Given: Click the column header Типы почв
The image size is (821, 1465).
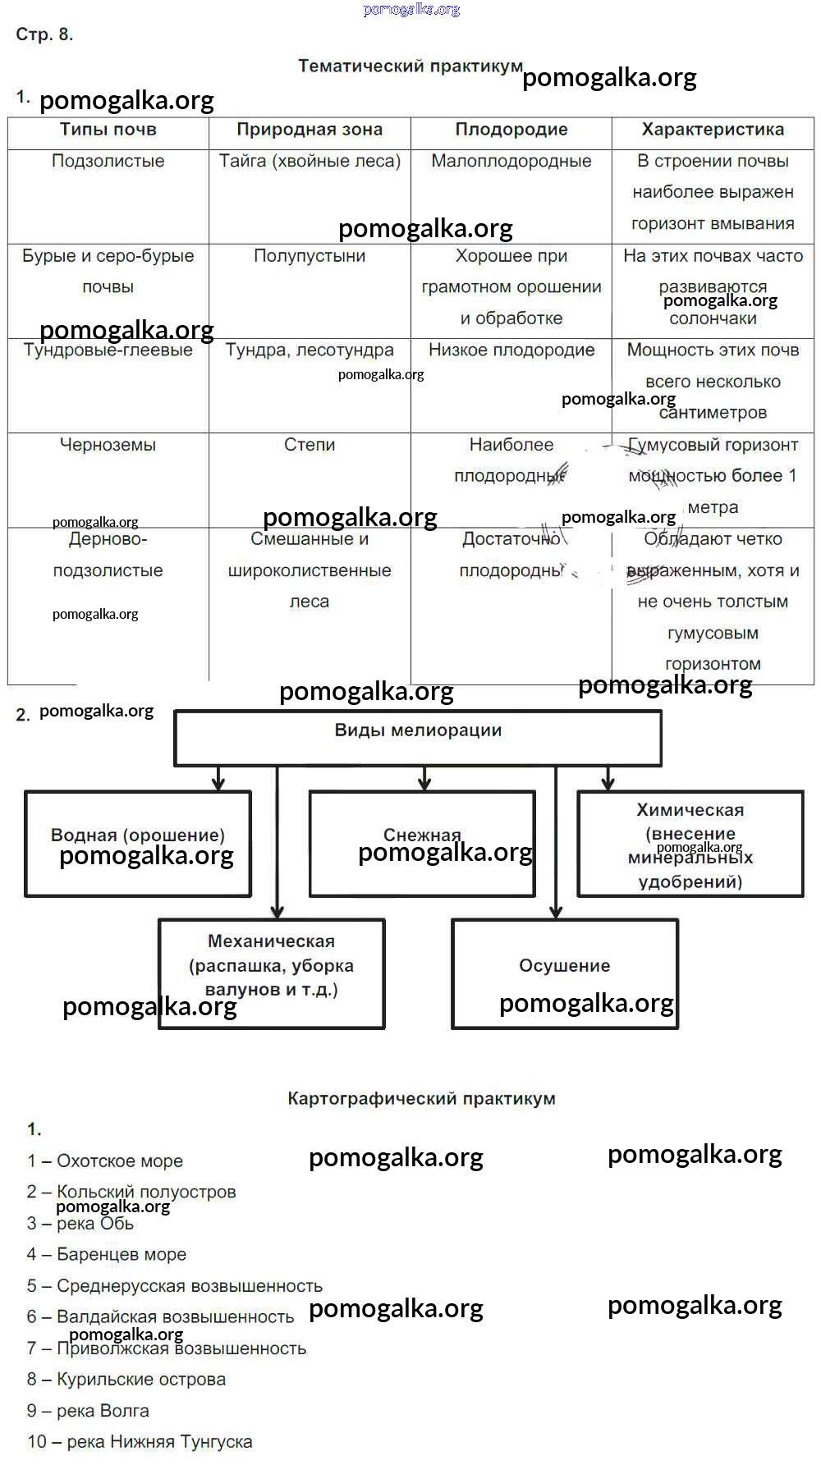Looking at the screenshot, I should tap(108, 130).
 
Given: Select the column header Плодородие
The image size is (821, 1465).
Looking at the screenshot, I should tap(511, 130).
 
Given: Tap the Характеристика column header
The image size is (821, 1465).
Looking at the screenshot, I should tap(713, 130).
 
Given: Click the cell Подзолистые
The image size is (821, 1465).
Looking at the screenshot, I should tap(108, 161).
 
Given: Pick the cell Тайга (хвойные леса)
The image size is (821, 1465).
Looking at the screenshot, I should tap(310, 161).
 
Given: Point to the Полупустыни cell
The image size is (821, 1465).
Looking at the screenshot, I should tap(310, 256).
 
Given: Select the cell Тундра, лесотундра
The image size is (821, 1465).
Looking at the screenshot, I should tap(310, 350).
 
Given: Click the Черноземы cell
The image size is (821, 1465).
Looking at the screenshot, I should tap(108, 445).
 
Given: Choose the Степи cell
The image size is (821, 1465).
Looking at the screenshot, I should tap(310, 445).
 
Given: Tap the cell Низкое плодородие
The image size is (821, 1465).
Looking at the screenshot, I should tap(511, 350).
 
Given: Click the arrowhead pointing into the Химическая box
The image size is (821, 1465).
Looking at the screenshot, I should tap(608, 784).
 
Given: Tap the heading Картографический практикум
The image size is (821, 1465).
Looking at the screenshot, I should tap(421, 1099).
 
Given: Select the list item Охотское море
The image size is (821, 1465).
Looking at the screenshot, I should tap(105, 1161).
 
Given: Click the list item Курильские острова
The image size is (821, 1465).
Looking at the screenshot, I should tap(126, 1380).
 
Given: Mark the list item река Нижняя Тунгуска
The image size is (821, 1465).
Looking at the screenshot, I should tap(140, 1442).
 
